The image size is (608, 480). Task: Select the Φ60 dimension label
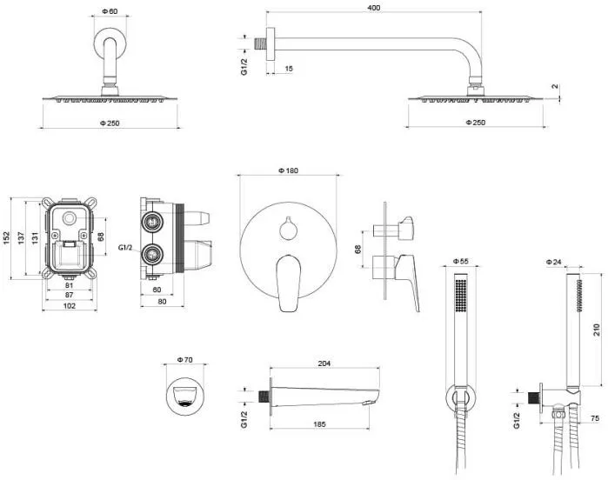[x=109, y=11]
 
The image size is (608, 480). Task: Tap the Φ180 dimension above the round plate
[x=288, y=170]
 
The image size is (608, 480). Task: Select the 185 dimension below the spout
[x=320, y=425]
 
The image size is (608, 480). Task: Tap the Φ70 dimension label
[x=183, y=359]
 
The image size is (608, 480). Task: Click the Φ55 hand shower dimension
[x=461, y=261]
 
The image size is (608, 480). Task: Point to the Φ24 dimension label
[x=554, y=261]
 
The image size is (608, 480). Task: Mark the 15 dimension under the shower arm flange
[x=288, y=69]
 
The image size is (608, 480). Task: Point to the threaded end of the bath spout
[x=263, y=397]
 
